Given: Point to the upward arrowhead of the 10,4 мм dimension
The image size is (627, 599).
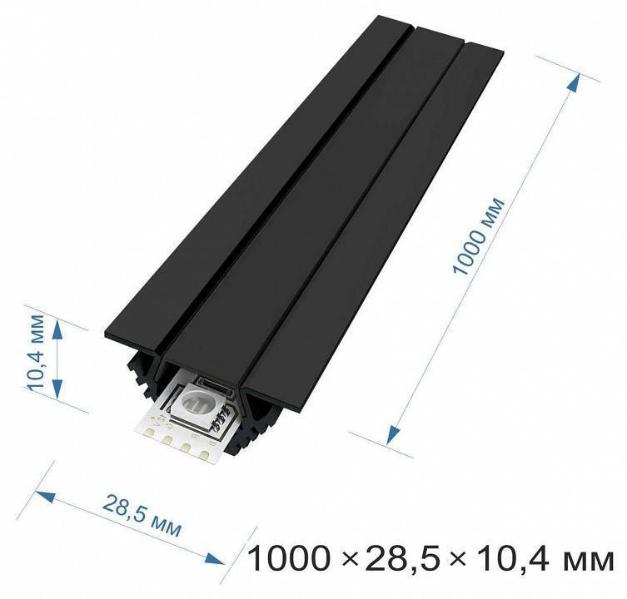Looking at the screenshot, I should pyautogui.click(x=57, y=329).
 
